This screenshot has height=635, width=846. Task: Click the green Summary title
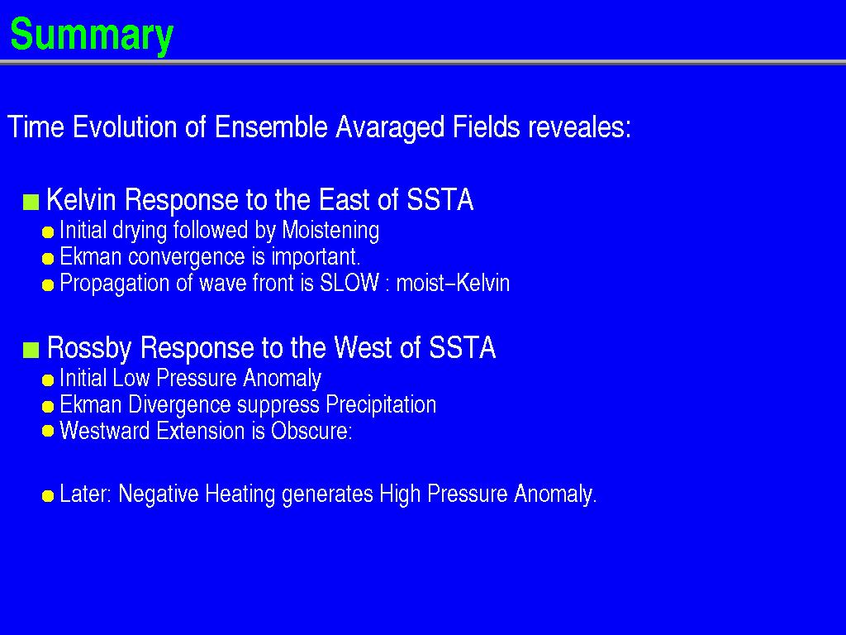point(92,35)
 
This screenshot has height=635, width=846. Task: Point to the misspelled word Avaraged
point(390,128)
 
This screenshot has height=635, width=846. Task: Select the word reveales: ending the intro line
point(579,127)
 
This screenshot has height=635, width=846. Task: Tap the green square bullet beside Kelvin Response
point(31,202)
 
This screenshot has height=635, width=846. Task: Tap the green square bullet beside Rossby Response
point(31,350)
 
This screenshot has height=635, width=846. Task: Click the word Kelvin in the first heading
point(82,200)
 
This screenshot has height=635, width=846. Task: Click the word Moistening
point(330,231)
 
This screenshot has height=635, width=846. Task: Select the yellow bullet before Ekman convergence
point(48,259)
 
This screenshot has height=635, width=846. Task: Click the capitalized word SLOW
point(349,283)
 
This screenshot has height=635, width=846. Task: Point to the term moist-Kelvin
point(453,283)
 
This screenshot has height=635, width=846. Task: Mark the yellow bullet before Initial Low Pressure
point(48,380)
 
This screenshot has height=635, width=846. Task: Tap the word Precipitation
point(381,404)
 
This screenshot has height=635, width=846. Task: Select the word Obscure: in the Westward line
point(311,431)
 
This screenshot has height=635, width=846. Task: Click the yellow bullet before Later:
point(48,496)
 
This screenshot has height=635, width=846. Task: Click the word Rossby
point(89,348)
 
